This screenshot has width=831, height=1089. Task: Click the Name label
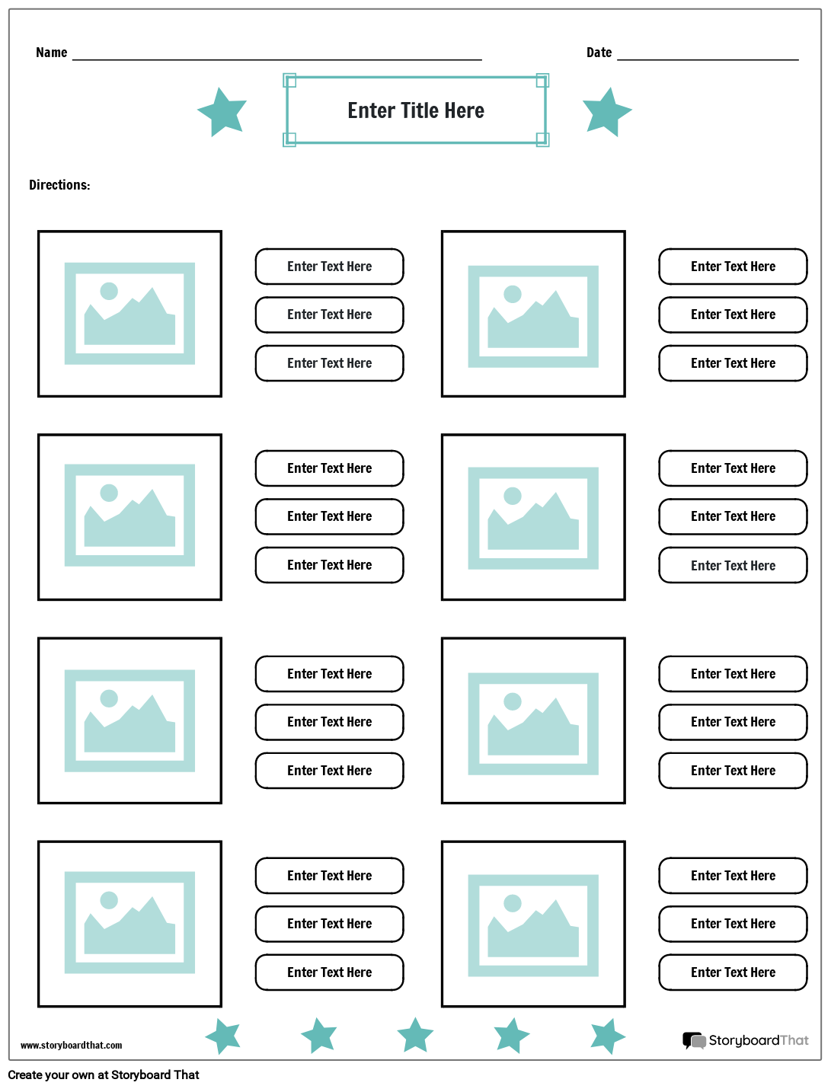pyautogui.click(x=51, y=53)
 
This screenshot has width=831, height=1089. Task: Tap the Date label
pyautogui.click(x=599, y=53)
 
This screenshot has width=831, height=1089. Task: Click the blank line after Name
pyautogui.click(x=276, y=60)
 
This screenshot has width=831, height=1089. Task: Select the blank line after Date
pyautogui.click(x=708, y=60)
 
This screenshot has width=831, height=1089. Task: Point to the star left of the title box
pyautogui.click(x=222, y=112)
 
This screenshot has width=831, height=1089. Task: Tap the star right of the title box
pyautogui.click(x=607, y=112)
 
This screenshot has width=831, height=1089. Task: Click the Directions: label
pyautogui.click(x=59, y=185)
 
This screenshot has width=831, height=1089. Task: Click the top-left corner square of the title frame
pyautogui.click(x=289, y=81)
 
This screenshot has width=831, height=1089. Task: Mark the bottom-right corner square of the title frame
pyautogui.click(x=542, y=139)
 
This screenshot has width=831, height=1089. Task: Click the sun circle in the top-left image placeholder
pyautogui.click(x=109, y=291)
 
